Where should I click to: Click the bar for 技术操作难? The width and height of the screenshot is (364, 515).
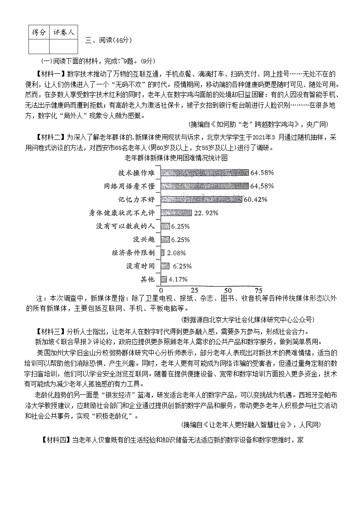(205, 172)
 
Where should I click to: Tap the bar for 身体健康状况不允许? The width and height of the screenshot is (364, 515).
(176, 213)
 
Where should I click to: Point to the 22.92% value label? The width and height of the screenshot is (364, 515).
(207, 213)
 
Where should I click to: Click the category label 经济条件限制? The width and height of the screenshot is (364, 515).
(134, 253)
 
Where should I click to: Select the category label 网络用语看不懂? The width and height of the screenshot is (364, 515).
(130, 186)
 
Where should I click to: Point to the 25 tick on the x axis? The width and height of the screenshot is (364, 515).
(195, 290)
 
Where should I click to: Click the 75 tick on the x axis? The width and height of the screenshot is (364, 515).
(258, 290)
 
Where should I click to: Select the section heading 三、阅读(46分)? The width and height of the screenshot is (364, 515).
(109, 40)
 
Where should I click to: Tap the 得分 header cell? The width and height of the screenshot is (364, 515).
(39, 33)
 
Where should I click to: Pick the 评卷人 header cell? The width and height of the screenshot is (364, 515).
(63, 33)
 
